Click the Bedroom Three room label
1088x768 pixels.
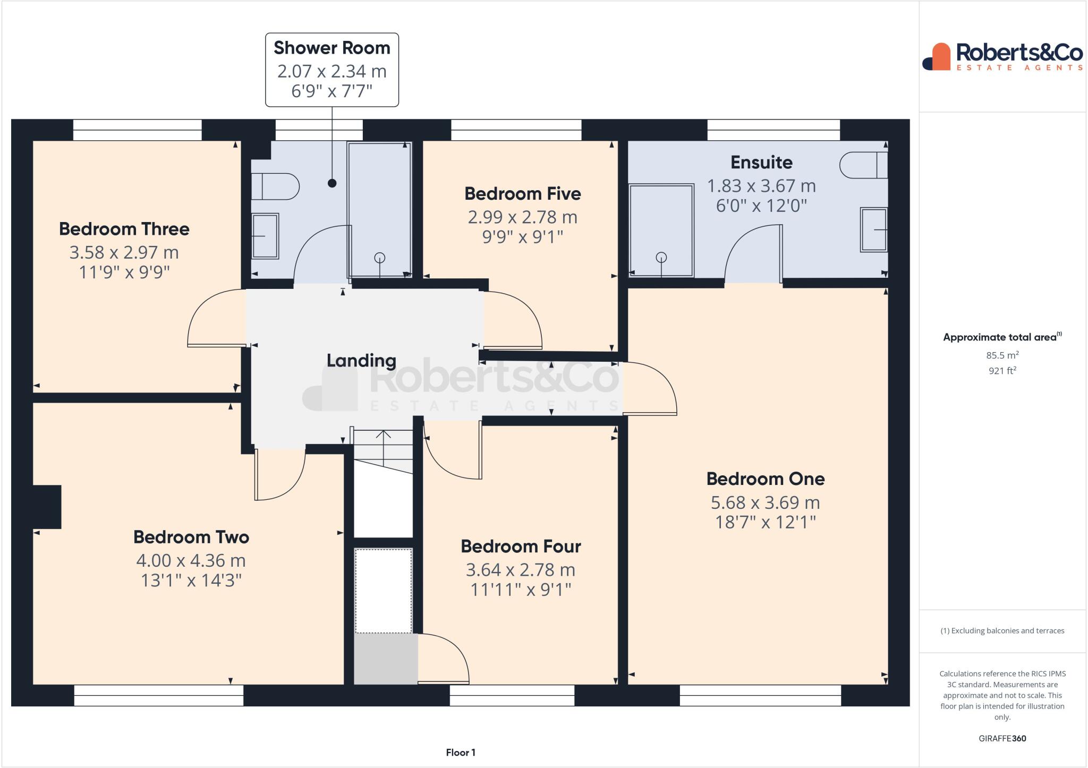point(124,229)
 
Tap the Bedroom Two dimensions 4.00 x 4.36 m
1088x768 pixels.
point(191,560)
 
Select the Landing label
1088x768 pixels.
point(361,361)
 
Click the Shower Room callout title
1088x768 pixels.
point(332,48)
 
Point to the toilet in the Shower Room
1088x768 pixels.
point(275,186)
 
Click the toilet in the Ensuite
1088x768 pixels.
point(864,165)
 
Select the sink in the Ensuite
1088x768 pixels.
point(874,229)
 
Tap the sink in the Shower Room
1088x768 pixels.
point(265,236)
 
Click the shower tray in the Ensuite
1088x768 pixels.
point(661,231)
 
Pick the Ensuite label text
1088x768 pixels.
point(761,162)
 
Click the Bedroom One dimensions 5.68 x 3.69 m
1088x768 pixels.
point(765,502)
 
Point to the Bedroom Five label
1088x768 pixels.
point(523,193)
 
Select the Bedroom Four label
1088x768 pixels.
point(521,546)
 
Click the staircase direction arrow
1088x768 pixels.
point(383,444)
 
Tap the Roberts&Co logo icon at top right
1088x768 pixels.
point(936,56)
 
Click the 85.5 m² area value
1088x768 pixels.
point(1002,355)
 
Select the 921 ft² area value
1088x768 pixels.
point(1002,370)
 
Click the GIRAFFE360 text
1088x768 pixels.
point(1002,738)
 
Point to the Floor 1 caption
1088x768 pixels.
point(461,752)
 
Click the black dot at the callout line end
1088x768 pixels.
point(332,183)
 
